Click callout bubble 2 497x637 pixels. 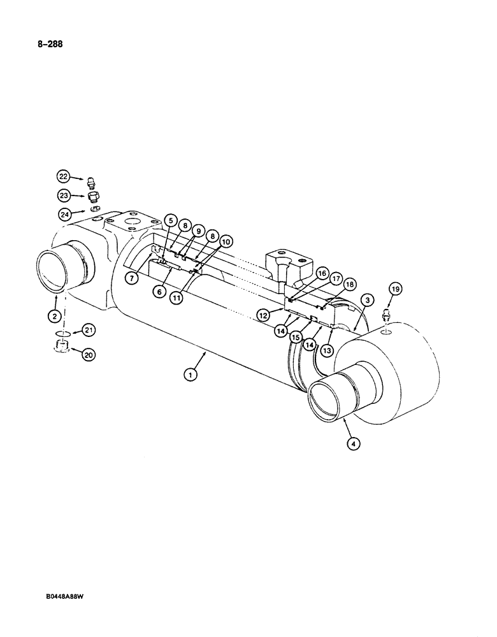55,316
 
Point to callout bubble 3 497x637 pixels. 366,299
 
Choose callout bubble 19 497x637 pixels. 395,290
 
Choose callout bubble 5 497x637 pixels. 169,220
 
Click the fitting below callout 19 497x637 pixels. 386,315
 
